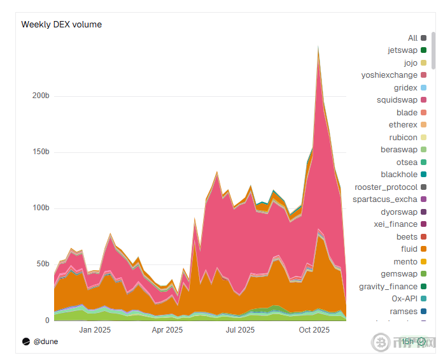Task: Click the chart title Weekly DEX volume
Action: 62,25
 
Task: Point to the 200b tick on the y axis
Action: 41,96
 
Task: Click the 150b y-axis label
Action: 41,152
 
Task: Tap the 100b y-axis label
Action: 41,208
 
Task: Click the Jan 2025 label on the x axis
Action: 95,330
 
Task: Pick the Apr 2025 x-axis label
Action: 167,330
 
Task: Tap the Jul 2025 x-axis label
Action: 240,330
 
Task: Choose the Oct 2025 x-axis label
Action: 314,330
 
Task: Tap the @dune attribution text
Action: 45,342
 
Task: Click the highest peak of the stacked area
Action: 318,46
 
